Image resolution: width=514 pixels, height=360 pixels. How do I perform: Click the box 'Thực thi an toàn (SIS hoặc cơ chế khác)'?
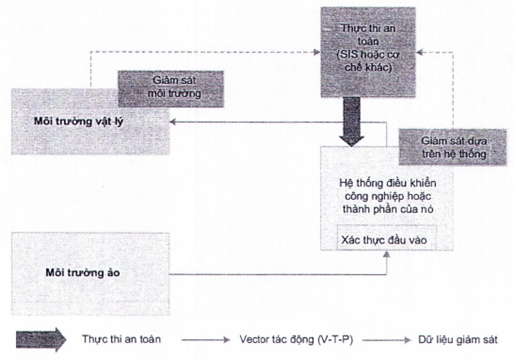pos(367,51)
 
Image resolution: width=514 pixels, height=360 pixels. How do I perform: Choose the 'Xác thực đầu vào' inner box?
pos(385,238)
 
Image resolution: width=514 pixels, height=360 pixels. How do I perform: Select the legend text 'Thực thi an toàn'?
pos(122,339)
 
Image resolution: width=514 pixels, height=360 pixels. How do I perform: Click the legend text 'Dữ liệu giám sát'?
pos(458,339)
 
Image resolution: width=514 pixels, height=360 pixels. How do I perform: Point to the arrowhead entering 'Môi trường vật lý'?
pos(173,122)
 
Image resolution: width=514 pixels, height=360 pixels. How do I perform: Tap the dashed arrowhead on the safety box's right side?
pos(419,52)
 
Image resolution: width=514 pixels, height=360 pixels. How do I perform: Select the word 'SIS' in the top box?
pos(348,56)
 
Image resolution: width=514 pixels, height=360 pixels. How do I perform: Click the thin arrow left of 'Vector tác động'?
pos(205,340)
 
